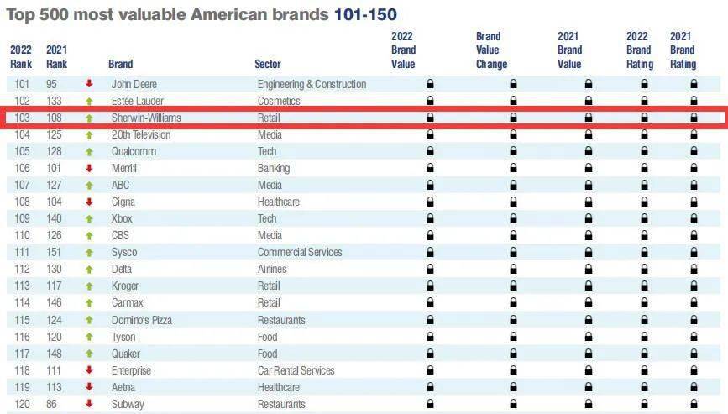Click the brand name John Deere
tap(134, 84)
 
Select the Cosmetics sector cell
tap(278, 101)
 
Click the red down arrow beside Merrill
tap(88, 168)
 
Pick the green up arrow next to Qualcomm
tap(88, 151)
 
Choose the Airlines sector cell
tap(272, 269)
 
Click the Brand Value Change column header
tap(491, 50)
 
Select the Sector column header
tap(268, 64)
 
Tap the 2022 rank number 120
tap(22, 404)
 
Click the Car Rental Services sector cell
tap(296, 370)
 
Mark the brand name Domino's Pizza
tap(143, 320)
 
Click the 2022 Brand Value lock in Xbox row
tap(430, 218)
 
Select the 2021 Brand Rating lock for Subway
tap(694, 404)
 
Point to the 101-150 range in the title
tap(365, 14)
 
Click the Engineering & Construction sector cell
tap(312, 84)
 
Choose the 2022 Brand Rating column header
tap(639, 50)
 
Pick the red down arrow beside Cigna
tap(88, 202)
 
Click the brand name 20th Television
tap(140, 134)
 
